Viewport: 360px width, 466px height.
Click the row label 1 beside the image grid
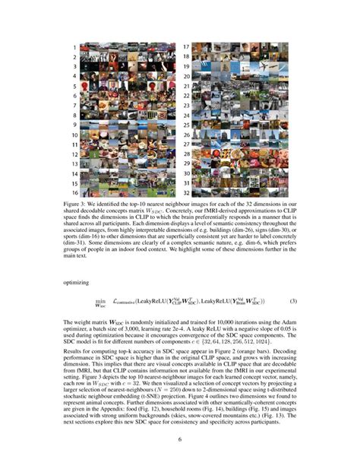(x=74, y=47)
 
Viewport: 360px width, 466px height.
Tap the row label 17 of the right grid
(x=185, y=47)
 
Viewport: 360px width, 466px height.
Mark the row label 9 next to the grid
(x=74, y=125)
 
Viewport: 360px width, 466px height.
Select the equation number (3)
(x=292, y=302)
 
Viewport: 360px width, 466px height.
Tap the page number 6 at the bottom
(x=180, y=439)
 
